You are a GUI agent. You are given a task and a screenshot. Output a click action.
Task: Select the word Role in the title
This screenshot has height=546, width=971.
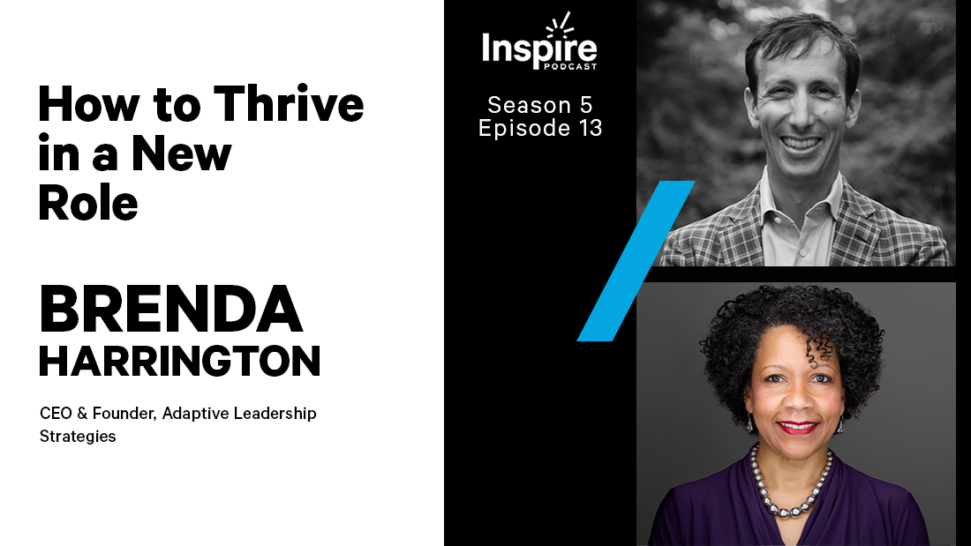tap(88, 204)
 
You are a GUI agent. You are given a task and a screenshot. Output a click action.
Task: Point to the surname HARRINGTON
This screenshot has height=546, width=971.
tap(179, 362)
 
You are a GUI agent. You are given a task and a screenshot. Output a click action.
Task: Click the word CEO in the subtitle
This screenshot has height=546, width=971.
tap(55, 413)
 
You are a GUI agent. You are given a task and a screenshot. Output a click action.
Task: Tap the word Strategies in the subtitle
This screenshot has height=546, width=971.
tap(78, 436)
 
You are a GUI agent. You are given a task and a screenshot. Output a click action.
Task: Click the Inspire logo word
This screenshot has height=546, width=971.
tap(539, 48)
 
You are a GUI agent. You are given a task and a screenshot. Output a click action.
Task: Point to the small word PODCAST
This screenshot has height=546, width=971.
tap(571, 68)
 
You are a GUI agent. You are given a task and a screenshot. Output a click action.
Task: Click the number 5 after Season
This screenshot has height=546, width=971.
tap(586, 105)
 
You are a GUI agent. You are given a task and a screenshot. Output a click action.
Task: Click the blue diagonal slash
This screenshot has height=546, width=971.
tap(636, 261)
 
